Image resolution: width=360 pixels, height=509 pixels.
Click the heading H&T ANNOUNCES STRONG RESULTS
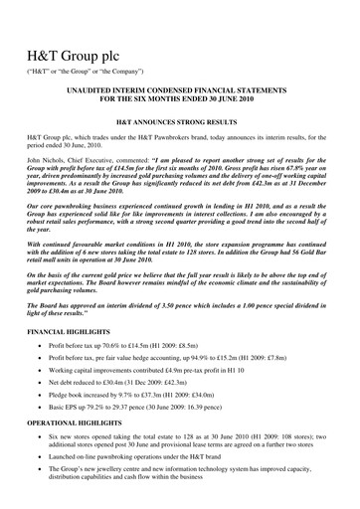pos(179,129)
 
